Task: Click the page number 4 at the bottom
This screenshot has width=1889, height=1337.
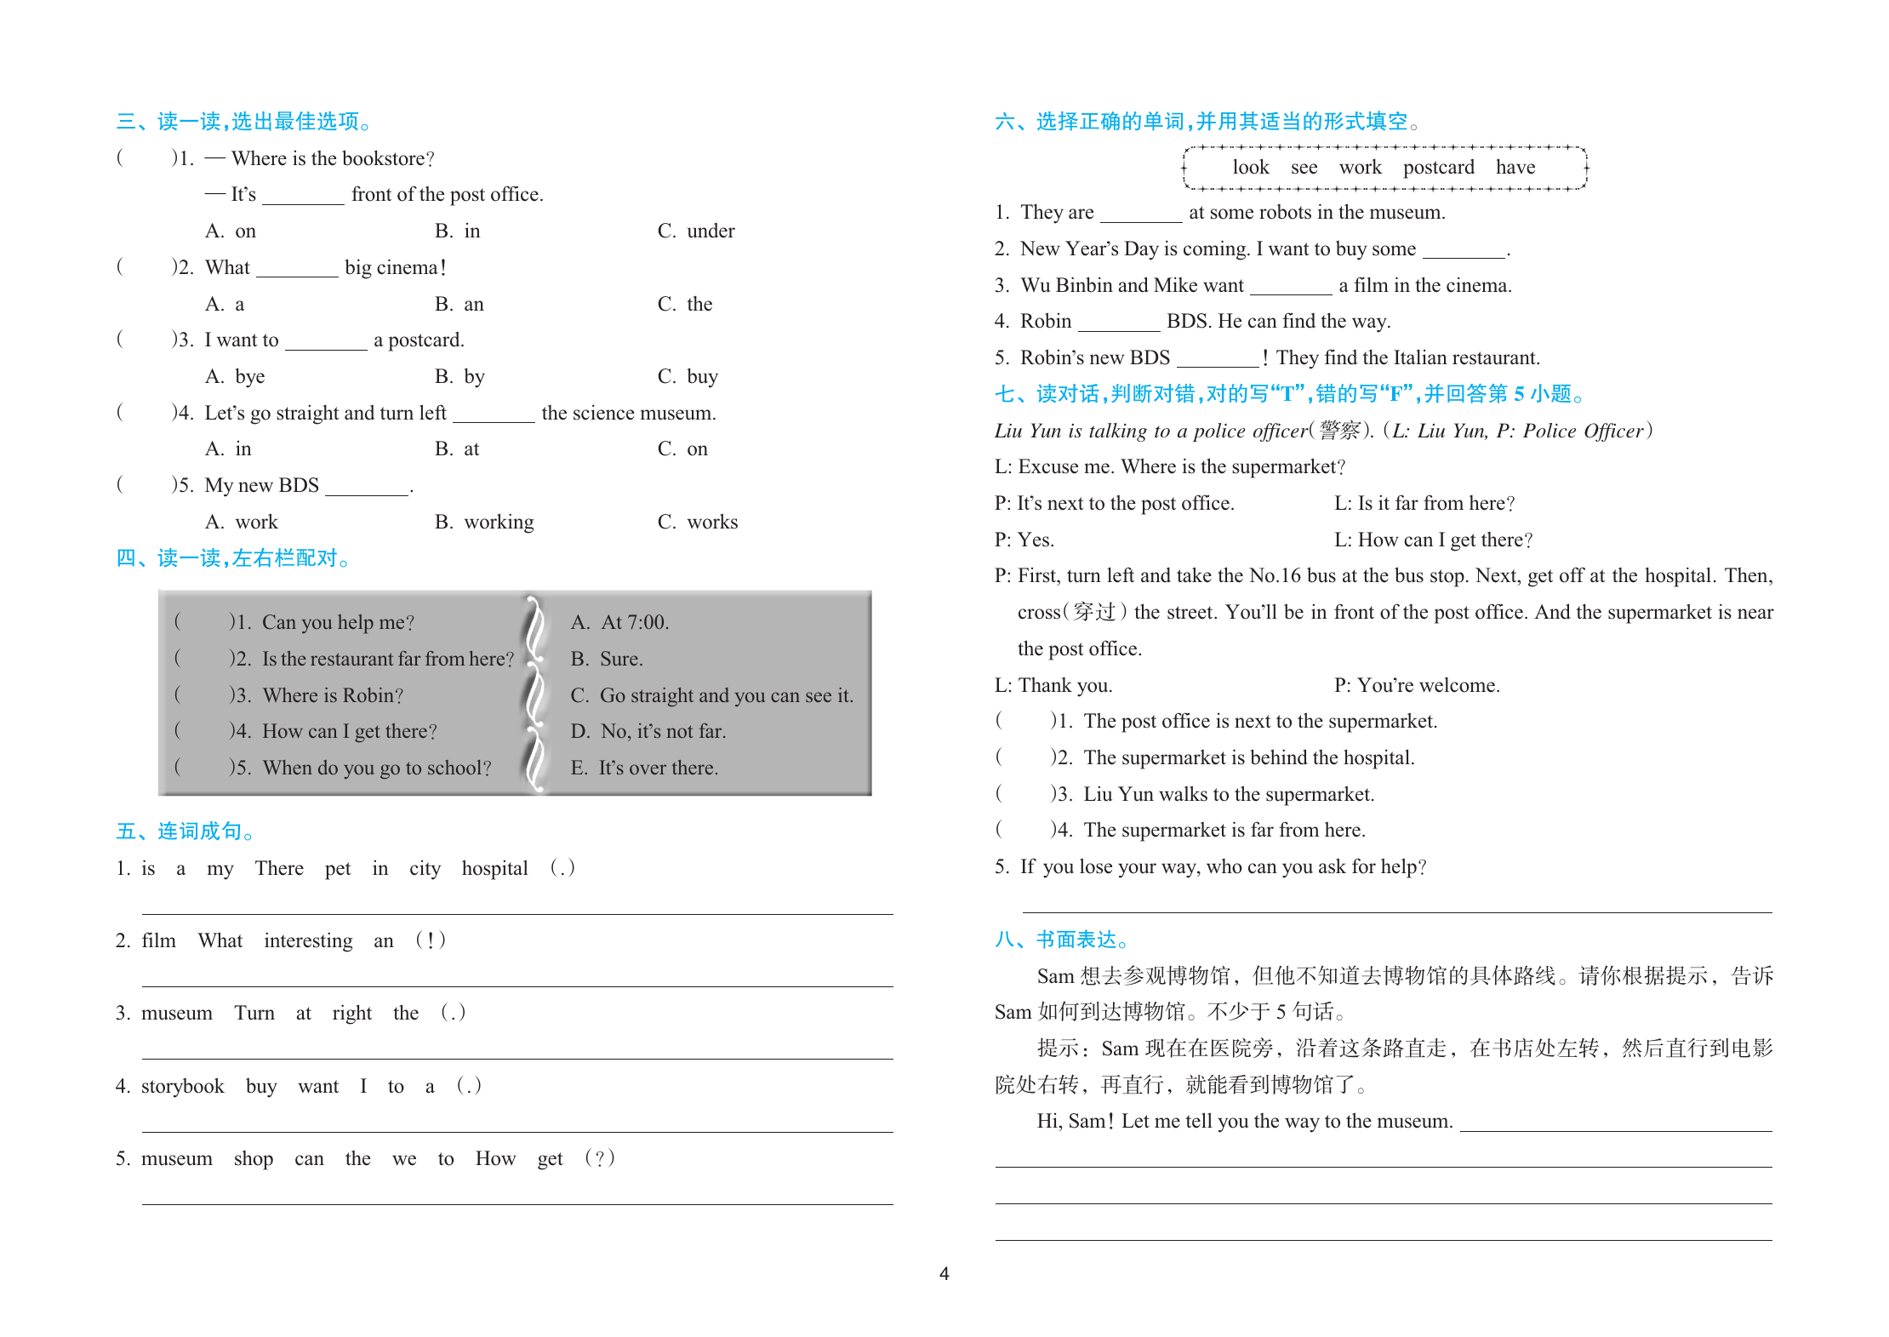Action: tap(944, 1273)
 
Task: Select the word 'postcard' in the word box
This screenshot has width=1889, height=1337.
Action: tap(1438, 168)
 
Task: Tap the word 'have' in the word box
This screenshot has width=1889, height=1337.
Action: tap(1515, 168)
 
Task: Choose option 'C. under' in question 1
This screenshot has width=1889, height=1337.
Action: tap(695, 231)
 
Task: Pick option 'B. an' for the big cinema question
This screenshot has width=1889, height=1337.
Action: tap(459, 304)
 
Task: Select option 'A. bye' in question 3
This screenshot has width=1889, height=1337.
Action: tap(235, 376)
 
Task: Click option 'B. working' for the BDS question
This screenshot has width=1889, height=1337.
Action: tap(484, 522)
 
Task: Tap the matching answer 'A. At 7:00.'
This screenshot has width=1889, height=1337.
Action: tap(619, 622)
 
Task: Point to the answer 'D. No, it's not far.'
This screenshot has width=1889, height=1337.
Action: tap(648, 731)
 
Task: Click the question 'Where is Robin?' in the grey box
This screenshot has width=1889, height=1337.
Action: tap(333, 695)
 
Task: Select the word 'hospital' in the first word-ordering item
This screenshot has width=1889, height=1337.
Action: tap(494, 868)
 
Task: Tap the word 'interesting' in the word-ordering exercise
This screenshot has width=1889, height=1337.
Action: tap(308, 940)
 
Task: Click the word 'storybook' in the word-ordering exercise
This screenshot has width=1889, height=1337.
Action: tap(182, 1086)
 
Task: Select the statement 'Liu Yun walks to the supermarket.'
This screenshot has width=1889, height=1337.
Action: tap(1229, 794)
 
